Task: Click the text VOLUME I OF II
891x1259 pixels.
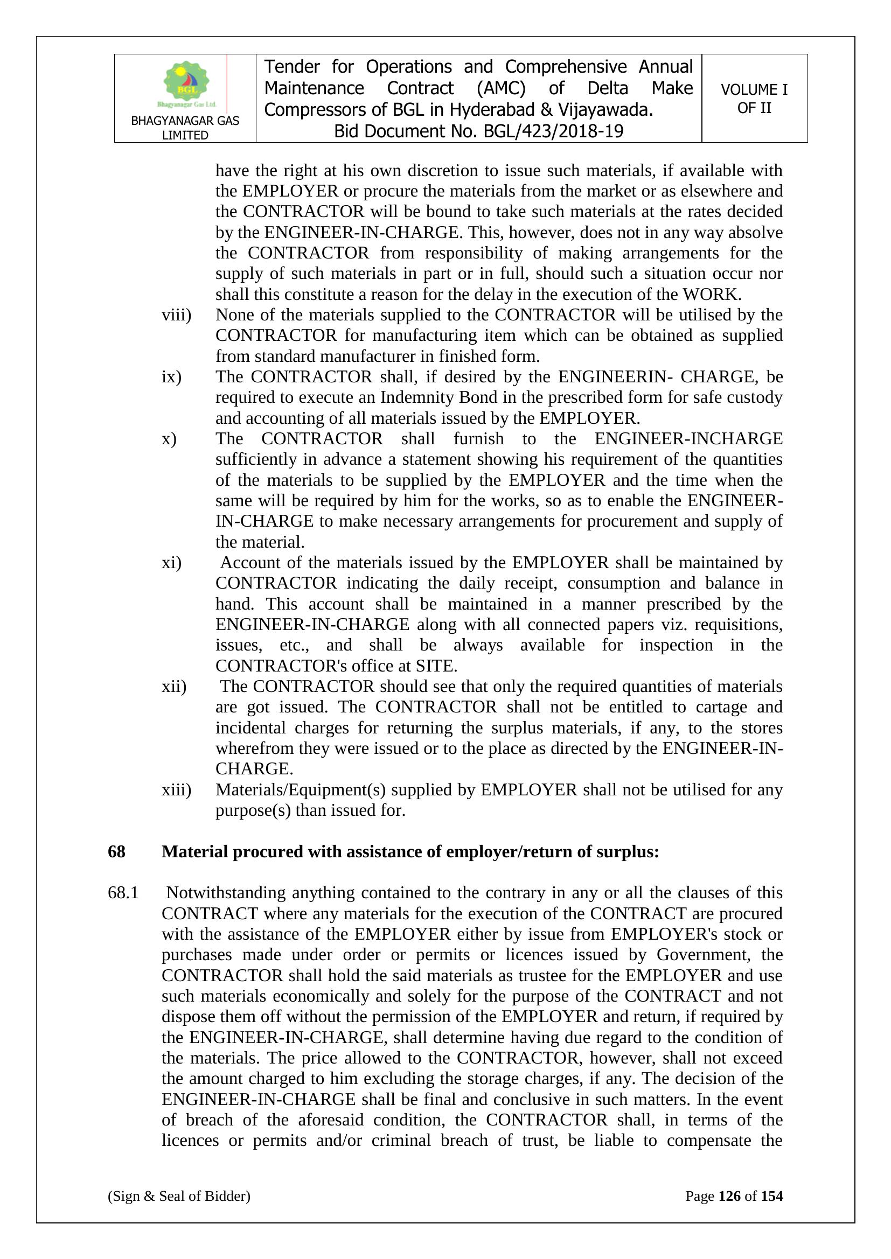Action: tap(754, 99)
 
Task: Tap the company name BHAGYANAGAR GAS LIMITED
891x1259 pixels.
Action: tap(185, 128)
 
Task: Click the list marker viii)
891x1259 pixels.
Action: tap(176, 316)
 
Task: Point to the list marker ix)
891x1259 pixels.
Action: tap(171, 377)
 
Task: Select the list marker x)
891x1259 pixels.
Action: tap(169, 439)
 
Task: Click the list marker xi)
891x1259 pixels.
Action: tap(171, 563)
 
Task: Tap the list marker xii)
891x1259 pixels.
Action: tap(174, 687)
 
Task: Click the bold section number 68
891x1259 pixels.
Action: tap(116, 851)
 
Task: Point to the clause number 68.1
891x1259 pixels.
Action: tap(123, 893)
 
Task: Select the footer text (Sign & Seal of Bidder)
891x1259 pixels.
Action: tap(179, 1196)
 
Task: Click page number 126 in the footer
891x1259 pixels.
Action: tap(729, 1196)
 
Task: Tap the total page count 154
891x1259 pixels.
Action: tap(771, 1196)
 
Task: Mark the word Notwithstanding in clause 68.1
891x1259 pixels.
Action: tap(226, 893)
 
